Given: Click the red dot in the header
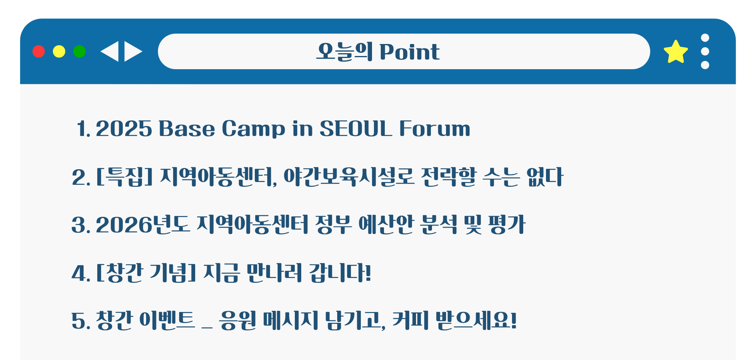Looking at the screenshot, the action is (38, 52).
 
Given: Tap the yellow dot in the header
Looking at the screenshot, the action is (59, 52).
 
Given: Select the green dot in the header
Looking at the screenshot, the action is (79, 52).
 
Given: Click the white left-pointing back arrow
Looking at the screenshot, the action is (110, 52).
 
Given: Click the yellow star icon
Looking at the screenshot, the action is (676, 52).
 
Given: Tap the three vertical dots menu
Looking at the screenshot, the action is (705, 51).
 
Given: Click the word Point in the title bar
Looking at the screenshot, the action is (409, 52).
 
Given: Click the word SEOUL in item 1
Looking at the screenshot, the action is (356, 128).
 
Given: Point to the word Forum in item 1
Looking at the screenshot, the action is (435, 128).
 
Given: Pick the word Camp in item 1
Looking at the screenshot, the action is (253, 129).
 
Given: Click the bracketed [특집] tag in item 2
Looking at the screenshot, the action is (124, 177).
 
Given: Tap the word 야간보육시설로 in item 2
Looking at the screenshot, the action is (349, 177).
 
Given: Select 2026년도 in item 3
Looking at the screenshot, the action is (142, 224).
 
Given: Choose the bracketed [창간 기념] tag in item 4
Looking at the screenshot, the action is (146, 273).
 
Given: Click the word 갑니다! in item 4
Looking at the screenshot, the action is (340, 273).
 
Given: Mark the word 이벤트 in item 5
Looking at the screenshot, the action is (167, 320).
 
